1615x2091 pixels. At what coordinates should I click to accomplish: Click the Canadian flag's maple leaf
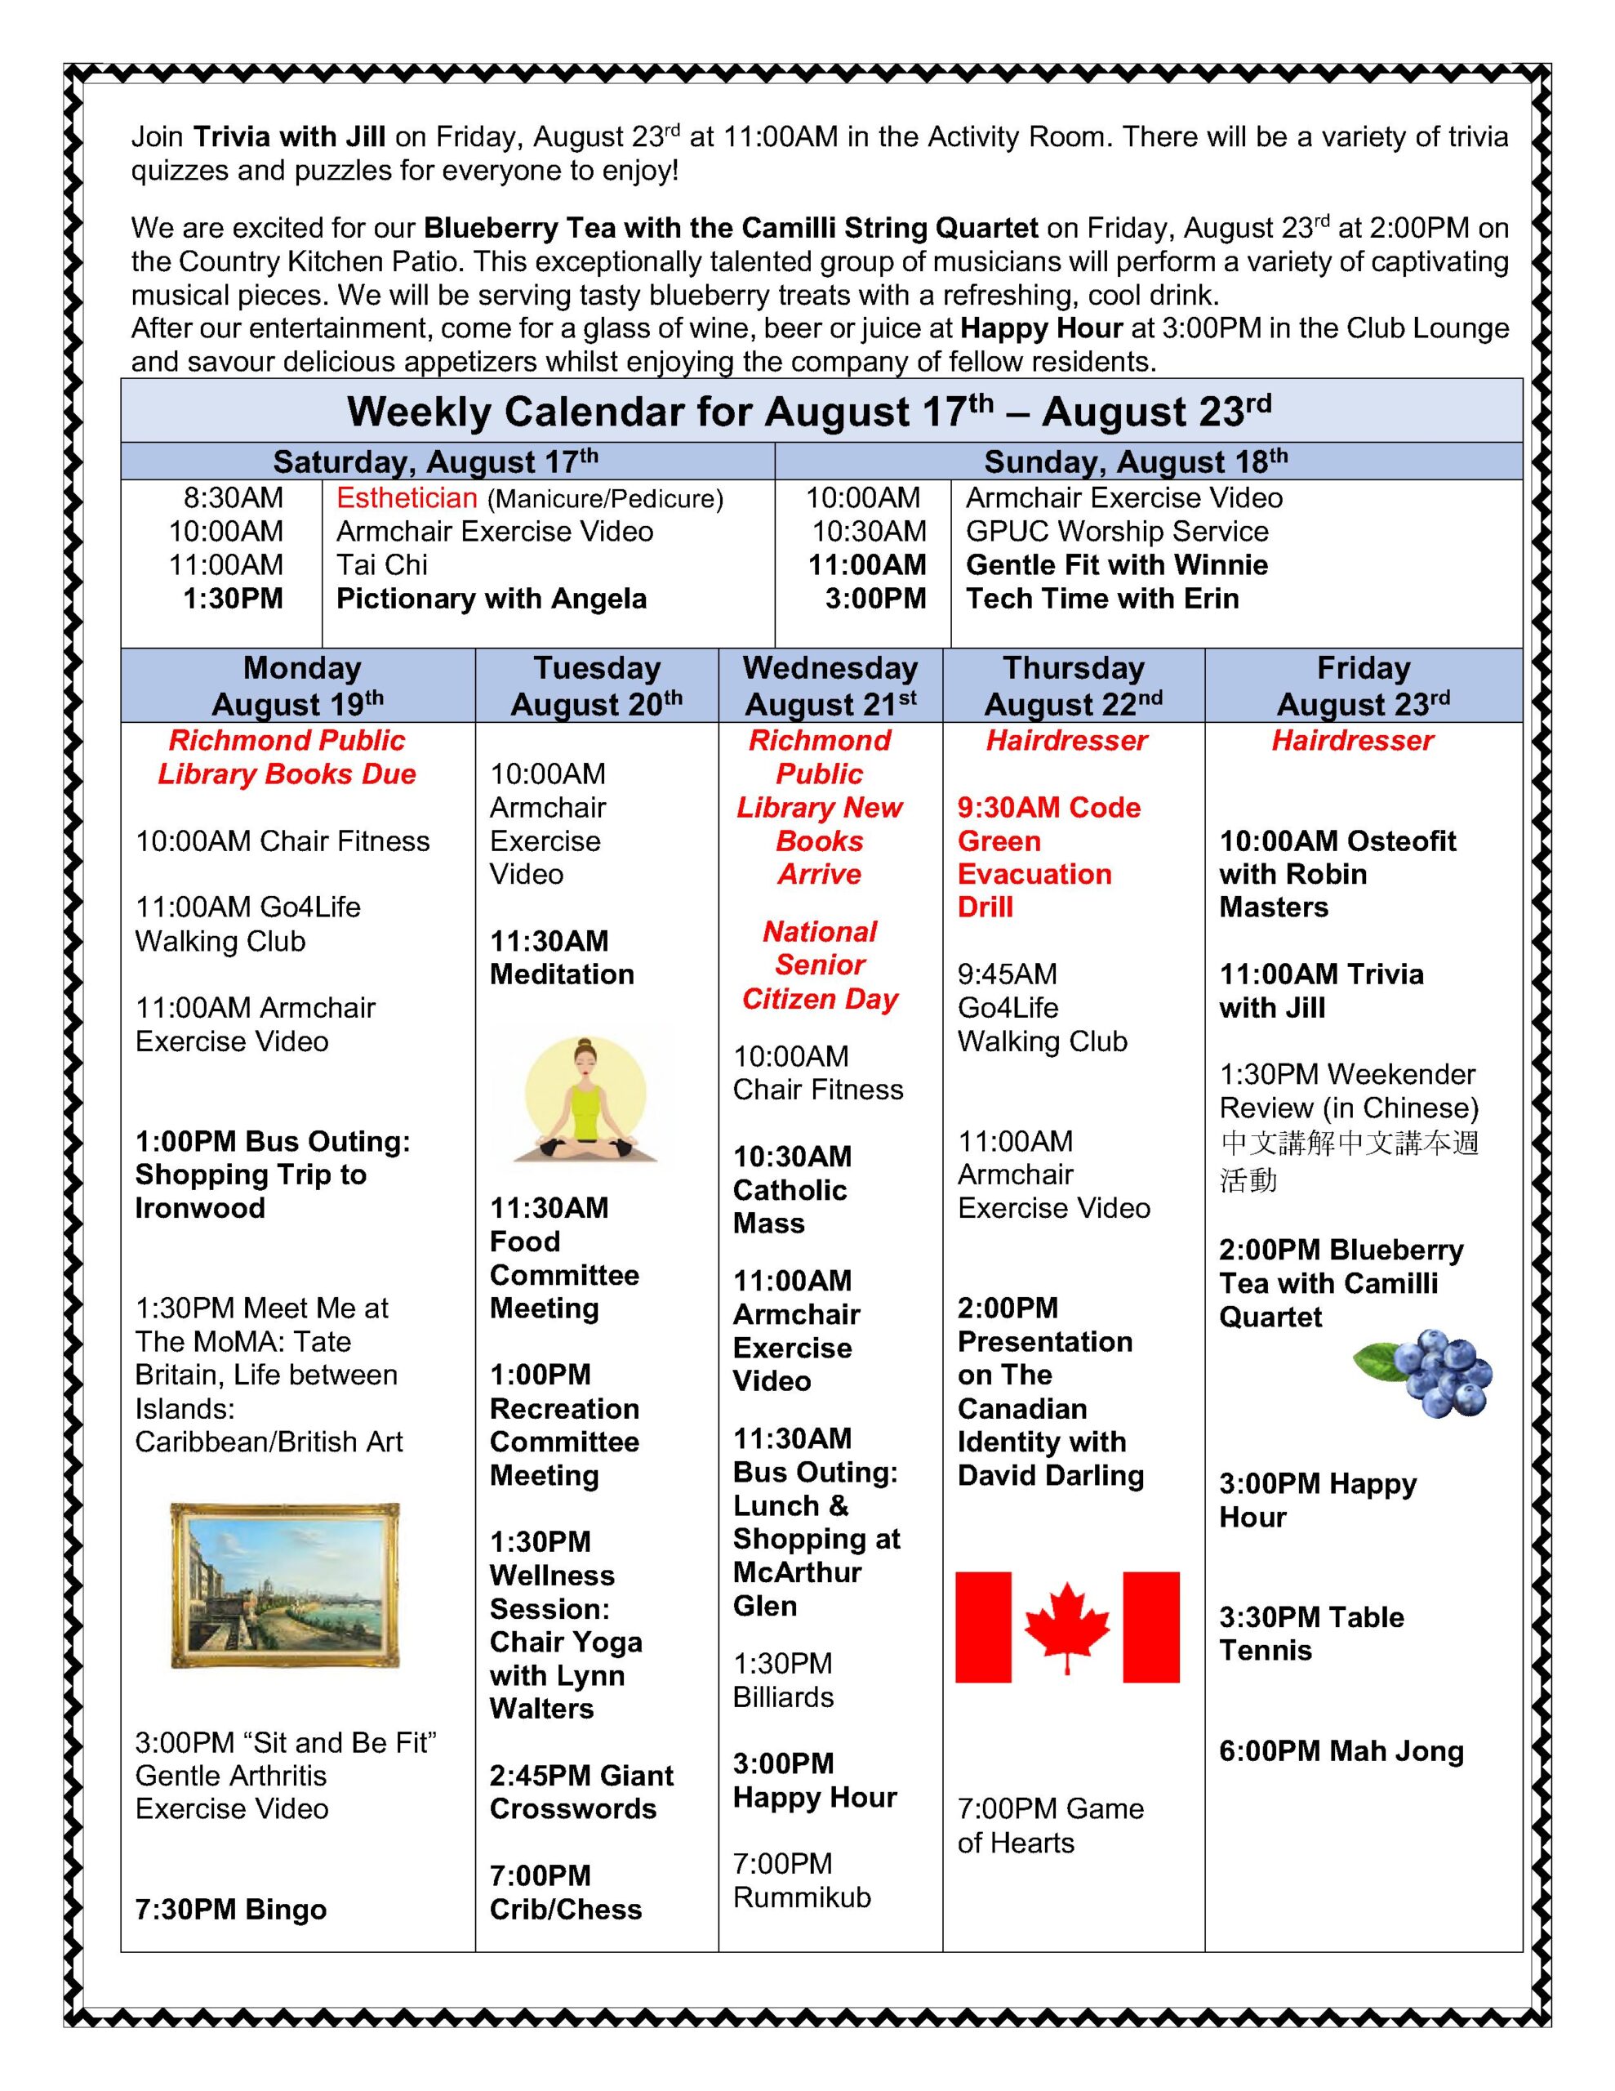[1066, 1627]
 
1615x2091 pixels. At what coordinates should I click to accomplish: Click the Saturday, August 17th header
[435, 461]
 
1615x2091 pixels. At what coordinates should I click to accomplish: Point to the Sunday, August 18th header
[1136, 461]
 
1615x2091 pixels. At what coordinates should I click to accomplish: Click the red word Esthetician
[406, 498]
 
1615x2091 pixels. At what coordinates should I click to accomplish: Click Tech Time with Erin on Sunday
[1102, 599]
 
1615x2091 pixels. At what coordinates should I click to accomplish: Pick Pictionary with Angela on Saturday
[491, 599]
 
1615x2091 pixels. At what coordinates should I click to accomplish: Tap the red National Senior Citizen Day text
[821, 965]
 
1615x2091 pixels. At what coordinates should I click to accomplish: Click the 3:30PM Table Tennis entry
[1310, 1634]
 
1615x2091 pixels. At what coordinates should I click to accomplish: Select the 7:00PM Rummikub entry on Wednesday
[801, 1880]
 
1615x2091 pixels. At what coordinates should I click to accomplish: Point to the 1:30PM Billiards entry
[783, 1680]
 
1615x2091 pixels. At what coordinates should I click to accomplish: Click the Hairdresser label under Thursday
[1066, 740]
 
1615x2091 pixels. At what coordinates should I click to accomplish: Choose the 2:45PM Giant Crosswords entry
[581, 1792]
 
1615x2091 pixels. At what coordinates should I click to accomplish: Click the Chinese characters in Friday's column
[1349, 1161]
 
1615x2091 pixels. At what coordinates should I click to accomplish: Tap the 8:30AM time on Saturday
[234, 498]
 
